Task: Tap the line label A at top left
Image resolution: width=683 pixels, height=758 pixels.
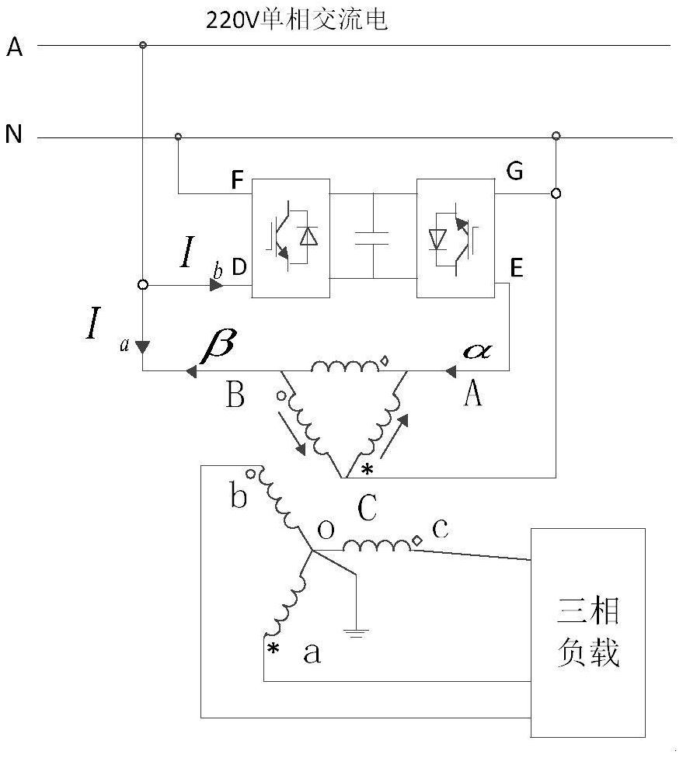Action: (x=16, y=48)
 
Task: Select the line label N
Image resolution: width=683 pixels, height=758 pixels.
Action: (x=14, y=136)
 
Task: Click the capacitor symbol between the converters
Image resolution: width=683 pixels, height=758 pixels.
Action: (x=372, y=237)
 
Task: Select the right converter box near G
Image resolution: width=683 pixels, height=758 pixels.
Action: (x=455, y=237)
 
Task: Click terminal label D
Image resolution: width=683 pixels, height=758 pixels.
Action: (x=239, y=268)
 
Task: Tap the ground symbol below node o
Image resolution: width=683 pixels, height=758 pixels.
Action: (x=356, y=632)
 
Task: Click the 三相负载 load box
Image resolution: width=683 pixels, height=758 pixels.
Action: (x=587, y=632)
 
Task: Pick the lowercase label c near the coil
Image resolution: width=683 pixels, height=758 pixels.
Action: (x=440, y=528)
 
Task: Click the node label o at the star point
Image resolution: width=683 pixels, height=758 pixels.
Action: (x=327, y=529)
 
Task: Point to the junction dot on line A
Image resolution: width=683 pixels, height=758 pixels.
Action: (x=142, y=46)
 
